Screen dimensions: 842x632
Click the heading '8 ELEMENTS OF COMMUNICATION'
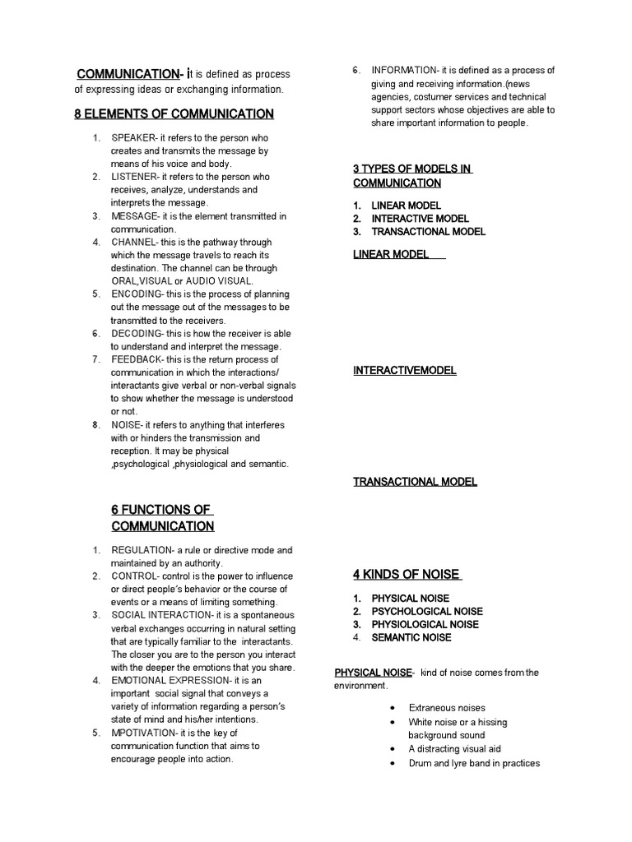tap(174, 113)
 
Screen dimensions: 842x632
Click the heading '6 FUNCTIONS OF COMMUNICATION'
tap(162, 518)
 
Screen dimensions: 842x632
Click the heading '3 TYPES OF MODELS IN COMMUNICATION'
tap(412, 176)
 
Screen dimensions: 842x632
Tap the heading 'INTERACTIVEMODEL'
tap(405, 371)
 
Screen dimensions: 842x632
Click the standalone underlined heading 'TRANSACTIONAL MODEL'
tap(416, 482)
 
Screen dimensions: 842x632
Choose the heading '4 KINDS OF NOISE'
tap(407, 575)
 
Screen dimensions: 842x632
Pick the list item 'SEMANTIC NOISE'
tap(411, 637)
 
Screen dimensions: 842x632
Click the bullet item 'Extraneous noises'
tap(447, 708)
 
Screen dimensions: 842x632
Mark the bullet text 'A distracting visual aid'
tap(454, 749)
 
